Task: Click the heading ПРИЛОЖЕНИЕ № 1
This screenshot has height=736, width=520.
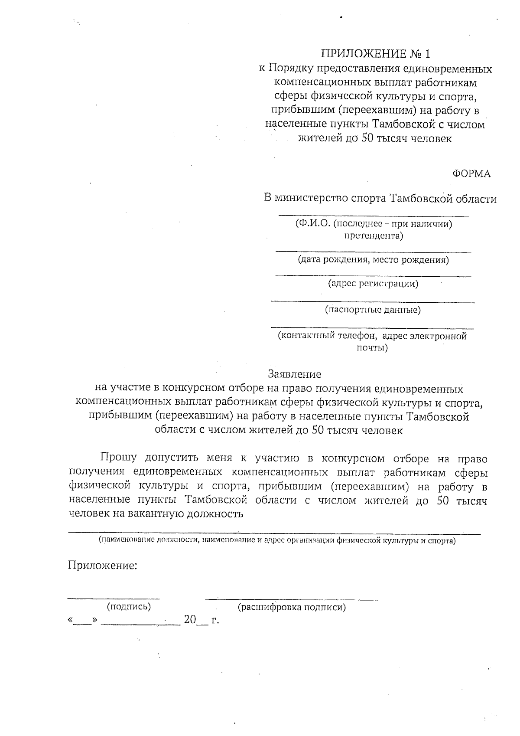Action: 376,54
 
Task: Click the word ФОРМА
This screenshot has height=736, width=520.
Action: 471,174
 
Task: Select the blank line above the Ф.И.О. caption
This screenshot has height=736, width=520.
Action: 373,216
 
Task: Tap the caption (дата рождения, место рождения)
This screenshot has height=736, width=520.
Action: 373,260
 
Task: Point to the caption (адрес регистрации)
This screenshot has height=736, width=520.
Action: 373,284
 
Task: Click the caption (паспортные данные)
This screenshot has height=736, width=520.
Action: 373,310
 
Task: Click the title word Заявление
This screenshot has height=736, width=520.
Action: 294,374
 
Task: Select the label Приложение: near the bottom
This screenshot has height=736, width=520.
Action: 103,566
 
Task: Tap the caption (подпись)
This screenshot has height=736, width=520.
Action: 129,607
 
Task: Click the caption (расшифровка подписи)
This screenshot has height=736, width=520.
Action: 292,607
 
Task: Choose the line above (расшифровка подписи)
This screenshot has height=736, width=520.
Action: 291,600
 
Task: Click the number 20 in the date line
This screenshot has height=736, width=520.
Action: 190,620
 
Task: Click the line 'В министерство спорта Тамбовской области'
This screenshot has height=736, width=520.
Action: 380,199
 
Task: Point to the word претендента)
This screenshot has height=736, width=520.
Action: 373,236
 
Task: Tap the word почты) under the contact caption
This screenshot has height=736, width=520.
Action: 372,348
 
